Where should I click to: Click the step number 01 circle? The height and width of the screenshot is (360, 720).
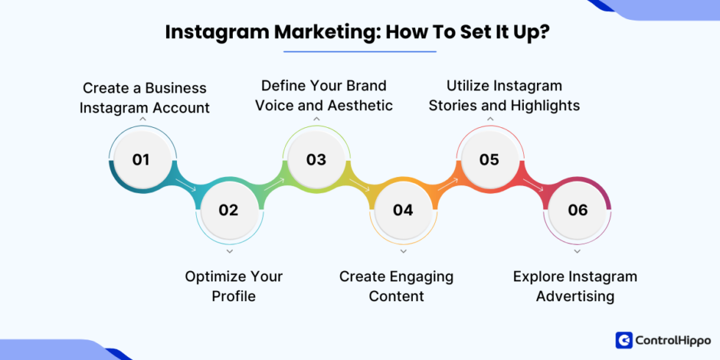pos(141,159)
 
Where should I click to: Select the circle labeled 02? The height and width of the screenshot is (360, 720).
pos(228,210)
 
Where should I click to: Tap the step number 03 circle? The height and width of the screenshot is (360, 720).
pos(316,159)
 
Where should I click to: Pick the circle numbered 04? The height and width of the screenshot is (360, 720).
pos(403,210)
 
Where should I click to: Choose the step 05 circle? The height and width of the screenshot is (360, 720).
pos(489,159)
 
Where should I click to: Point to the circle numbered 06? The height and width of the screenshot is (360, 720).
pos(577,210)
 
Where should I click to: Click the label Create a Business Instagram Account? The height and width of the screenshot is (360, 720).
pos(145,98)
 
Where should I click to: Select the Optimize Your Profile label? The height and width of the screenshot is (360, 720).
pos(234,286)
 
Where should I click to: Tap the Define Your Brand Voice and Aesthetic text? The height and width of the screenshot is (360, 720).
pos(324,96)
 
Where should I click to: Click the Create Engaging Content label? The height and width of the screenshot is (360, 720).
pos(396,286)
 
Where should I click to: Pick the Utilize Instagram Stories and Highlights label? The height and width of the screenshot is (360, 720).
pos(504,96)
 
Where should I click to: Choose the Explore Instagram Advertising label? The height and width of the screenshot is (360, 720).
pos(575,286)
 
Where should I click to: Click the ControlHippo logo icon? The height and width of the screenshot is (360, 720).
pos(624,340)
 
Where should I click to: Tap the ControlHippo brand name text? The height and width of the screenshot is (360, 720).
pos(674,340)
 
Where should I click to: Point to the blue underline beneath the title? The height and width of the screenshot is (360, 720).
pos(359,51)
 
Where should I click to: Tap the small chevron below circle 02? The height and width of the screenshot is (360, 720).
pos(229,251)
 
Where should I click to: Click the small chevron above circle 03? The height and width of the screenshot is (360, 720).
pos(316,118)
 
